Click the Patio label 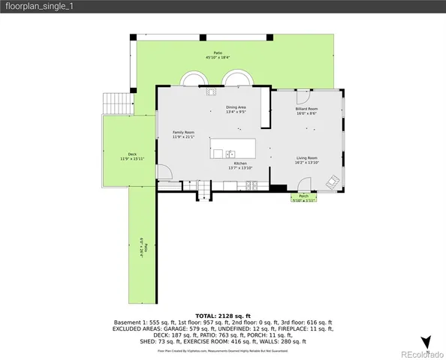(218, 52)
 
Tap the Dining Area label (237, 107)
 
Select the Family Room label (183, 132)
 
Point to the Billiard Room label (306, 109)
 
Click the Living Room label (306, 157)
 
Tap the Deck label (132, 154)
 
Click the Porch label (303, 196)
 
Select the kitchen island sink (218, 153)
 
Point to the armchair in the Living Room (331, 181)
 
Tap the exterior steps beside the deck (116, 103)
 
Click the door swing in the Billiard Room (303, 95)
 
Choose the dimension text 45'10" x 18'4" (218, 57)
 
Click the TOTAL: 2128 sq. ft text (222, 316)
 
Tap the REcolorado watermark (420, 354)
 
